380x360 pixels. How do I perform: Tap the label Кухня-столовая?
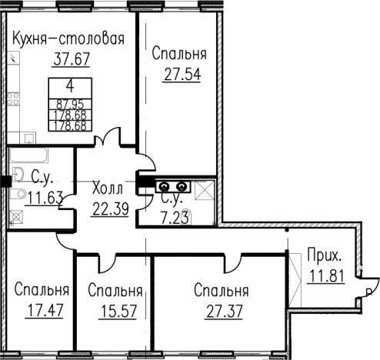point(69,38)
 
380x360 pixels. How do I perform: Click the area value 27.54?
point(179,76)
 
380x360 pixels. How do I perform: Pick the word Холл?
point(107,188)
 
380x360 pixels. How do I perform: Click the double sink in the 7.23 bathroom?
point(172,185)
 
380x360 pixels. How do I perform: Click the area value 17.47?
point(42,312)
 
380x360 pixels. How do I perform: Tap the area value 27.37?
point(222,312)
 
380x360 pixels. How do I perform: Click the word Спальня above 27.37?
point(222,291)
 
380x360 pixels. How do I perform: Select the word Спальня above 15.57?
point(115,291)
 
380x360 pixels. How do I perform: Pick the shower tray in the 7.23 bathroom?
point(205,188)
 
